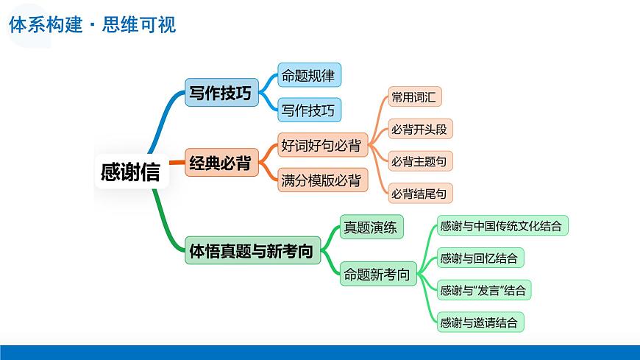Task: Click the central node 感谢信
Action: [x=132, y=172]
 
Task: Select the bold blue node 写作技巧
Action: [x=221, y=92]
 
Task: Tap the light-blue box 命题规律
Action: [x=310, y=75]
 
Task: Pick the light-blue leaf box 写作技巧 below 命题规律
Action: [x=310, y=110]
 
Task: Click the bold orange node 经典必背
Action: [x=221, y=162]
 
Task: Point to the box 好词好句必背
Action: [x=322, y=144]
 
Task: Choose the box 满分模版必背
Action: [x=322, y=180]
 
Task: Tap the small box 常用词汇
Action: [x=415, y=96]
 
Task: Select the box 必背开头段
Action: [x=420, y=129]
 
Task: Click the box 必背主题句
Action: [x=420, y=161]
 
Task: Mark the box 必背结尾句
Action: [x=420, y=193]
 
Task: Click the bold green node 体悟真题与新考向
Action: [x=252, y=250]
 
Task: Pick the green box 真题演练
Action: [x=371, y=227]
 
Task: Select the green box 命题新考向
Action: [x=378, y=273]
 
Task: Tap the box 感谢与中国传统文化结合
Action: [x=502, y=225]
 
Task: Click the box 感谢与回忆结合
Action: [x=480, y=258]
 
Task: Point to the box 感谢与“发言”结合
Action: [x=483, y=290]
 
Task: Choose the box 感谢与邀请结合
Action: [x=480, y=322]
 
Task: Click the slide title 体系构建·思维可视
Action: [x=92, y=24]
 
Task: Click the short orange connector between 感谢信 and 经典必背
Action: [x=177, y=163]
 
